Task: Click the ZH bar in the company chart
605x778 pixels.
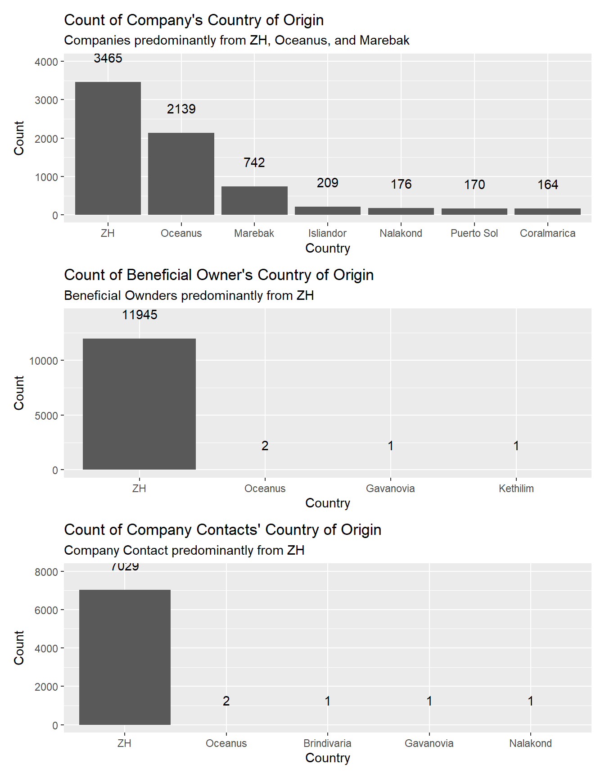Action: point(108,148)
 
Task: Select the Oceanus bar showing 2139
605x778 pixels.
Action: point(181,174)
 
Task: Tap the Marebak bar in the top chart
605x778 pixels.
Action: point(254,200)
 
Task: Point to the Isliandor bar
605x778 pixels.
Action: point(328,211)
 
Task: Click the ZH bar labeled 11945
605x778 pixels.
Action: point(139,404)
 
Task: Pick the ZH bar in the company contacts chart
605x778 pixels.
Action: point(125,657)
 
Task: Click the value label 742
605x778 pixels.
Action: point(254,163)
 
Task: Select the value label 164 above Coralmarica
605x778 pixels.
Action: point(547,185)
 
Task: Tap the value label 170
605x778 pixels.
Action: point(474,185)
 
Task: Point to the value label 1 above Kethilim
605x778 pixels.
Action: point(516,446)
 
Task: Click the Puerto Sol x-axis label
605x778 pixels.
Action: point(474,233)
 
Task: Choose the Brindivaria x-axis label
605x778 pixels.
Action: point(327,743)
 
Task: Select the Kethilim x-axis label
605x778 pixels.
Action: point(516,489)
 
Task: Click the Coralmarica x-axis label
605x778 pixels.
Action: point(547,233)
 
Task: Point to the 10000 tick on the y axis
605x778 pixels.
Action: point(44,361)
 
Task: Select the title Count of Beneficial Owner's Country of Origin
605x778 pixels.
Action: point(219,275)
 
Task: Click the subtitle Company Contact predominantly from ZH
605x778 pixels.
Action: point(184,550)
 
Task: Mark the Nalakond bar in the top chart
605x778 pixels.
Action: point(401,211)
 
